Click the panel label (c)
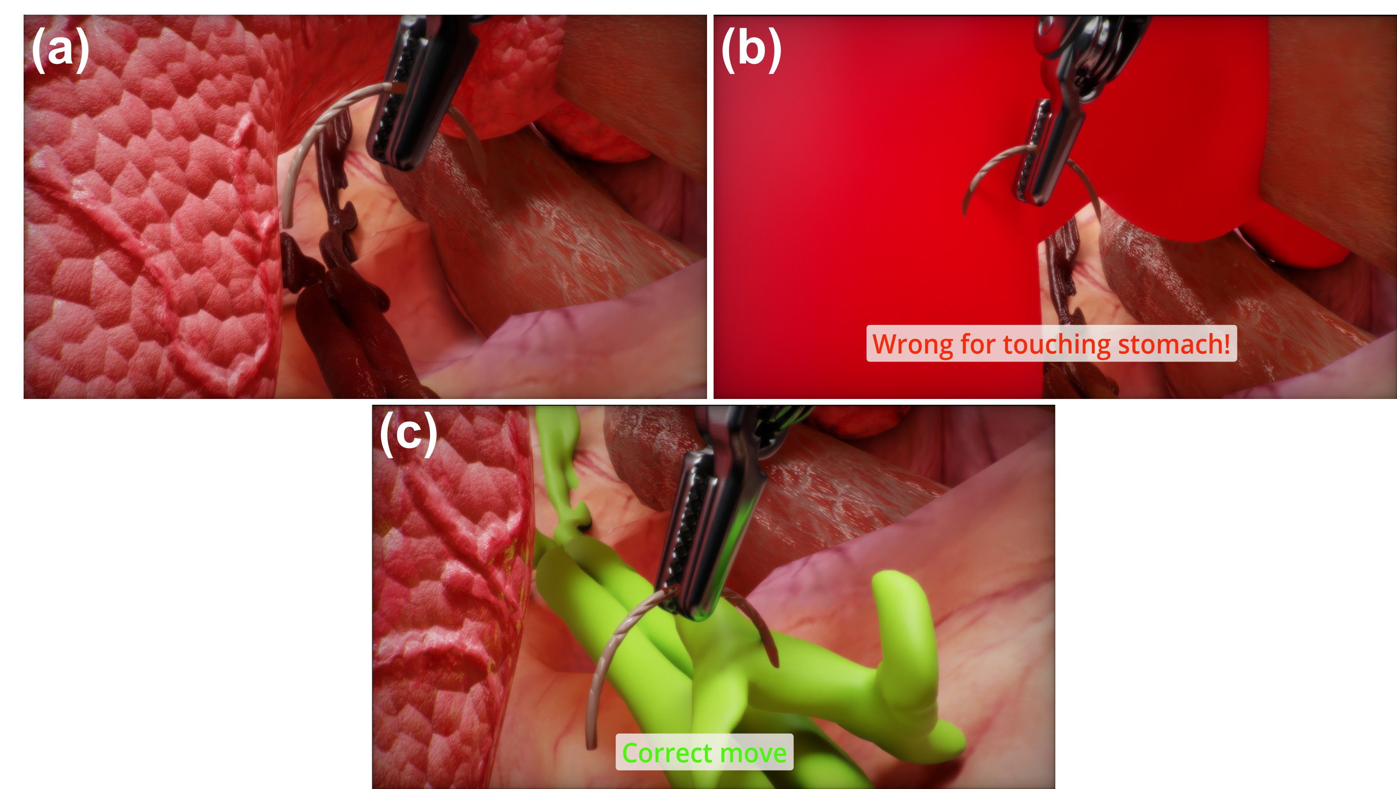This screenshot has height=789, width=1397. (408, 433)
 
